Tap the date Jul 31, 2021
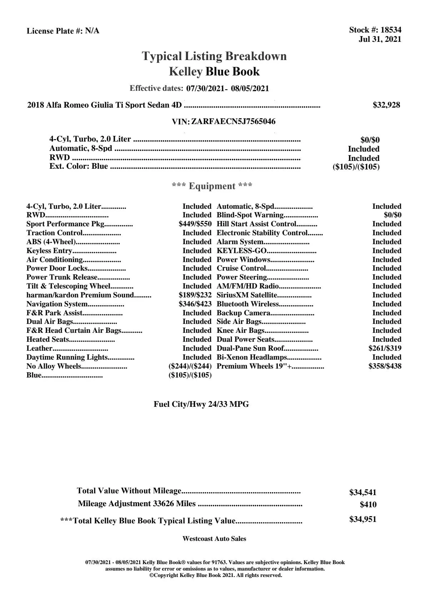(x=380, y=39)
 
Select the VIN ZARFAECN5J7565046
(x=233, y=122)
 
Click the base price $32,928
(x=386, y=105)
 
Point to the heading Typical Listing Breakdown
(x=214, y=56)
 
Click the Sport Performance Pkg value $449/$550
(x=195, y=224)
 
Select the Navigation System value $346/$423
(x=195, y=304)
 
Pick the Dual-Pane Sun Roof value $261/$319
(x=385, y=349)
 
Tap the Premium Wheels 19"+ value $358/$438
(x=385, y=366)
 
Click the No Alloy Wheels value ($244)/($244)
(x=190, y=366)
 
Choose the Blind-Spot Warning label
(x=250, y=215)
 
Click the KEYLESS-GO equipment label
(x=242, y=251)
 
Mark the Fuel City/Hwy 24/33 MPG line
(x=201, y=404)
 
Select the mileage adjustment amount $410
(x=368, y=505)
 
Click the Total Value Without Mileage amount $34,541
(x=363, y=493)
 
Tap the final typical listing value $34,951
(x=363, y=519)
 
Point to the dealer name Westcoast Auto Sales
(x=214, y=539)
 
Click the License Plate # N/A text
(x=63, y=31)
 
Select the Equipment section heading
(x=212, y=186)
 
